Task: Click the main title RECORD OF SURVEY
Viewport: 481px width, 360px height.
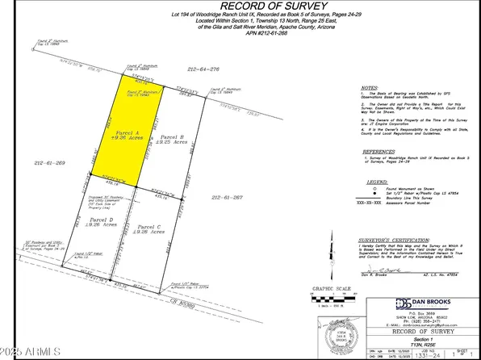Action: (x=240, y=10)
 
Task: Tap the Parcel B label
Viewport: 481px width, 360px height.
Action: (x=173, y=139)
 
